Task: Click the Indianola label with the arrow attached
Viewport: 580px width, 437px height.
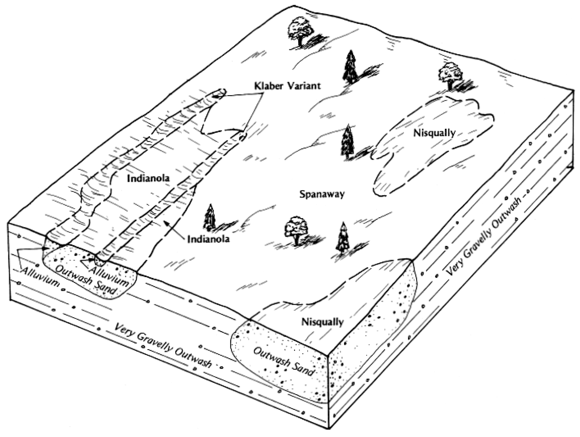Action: tap(208, 239)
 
